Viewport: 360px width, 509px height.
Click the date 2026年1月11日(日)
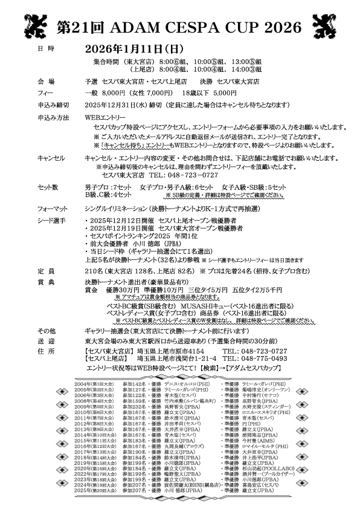[134, 48]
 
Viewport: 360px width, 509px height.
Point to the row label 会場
[46, 81]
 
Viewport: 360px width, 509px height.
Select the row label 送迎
[46, 341]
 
